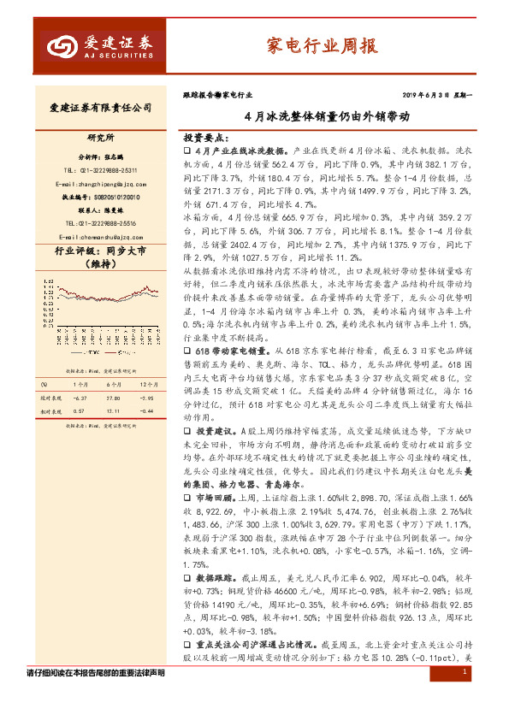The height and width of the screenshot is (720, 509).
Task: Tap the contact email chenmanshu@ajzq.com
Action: (100, 237)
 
